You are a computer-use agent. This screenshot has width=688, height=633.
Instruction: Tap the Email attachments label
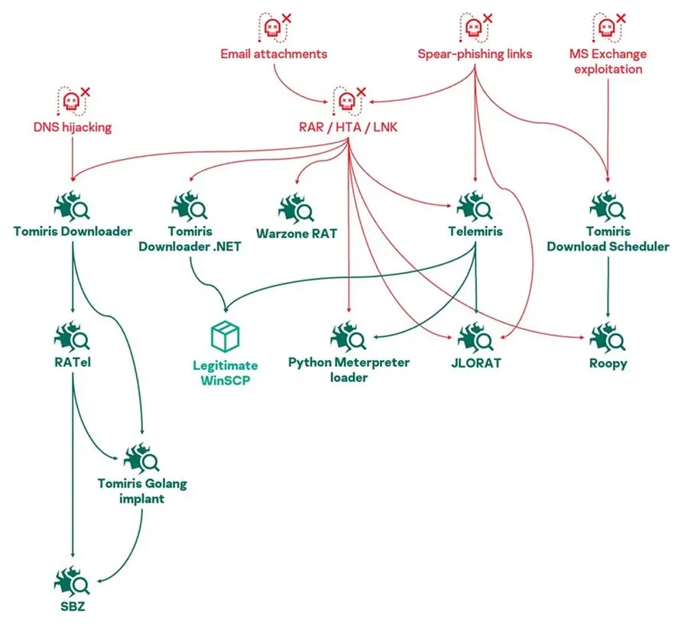click(x=274, y=54)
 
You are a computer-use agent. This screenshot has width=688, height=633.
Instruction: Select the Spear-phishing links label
click(x=475, y=54)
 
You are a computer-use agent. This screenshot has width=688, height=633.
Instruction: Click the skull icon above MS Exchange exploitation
click(x=608, y=28)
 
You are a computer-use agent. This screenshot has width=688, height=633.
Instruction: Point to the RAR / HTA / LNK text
click(x=348, y=127)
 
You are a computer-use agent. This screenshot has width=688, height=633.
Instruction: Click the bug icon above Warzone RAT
click(x=296, y=208)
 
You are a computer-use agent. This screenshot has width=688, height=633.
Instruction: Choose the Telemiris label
click(x=475, y=231)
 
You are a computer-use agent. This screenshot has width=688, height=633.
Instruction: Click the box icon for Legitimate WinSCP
click(x=225, y=336)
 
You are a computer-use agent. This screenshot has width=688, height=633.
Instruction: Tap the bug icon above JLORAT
click(x=475, y=338)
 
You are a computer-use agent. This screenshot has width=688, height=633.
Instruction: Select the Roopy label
click(x=608, y=363)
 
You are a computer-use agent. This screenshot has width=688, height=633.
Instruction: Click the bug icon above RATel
click(x=72, y=337)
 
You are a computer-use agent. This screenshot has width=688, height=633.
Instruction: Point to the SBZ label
click(x=73, y=606)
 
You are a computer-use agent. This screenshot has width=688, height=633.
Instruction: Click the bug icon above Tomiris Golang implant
click(x=141, y=459)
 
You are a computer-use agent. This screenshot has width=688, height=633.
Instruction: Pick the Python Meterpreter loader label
click(x=349, y=370)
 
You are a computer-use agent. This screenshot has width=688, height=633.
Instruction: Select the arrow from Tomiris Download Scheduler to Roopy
click(x=608, y=287)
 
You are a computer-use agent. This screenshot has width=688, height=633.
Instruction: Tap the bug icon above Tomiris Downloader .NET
click(x=190, y=206)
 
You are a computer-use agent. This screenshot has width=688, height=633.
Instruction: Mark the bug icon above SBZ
click(x=72, y=582)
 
